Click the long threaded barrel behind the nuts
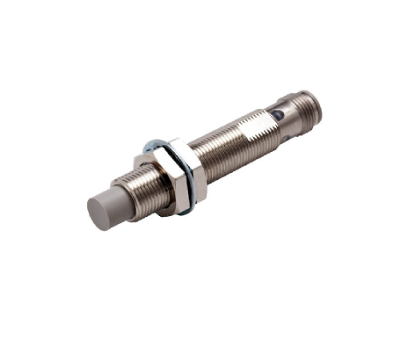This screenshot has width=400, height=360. tap(232, 147)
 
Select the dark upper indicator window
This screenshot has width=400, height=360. tap(277, 115)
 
